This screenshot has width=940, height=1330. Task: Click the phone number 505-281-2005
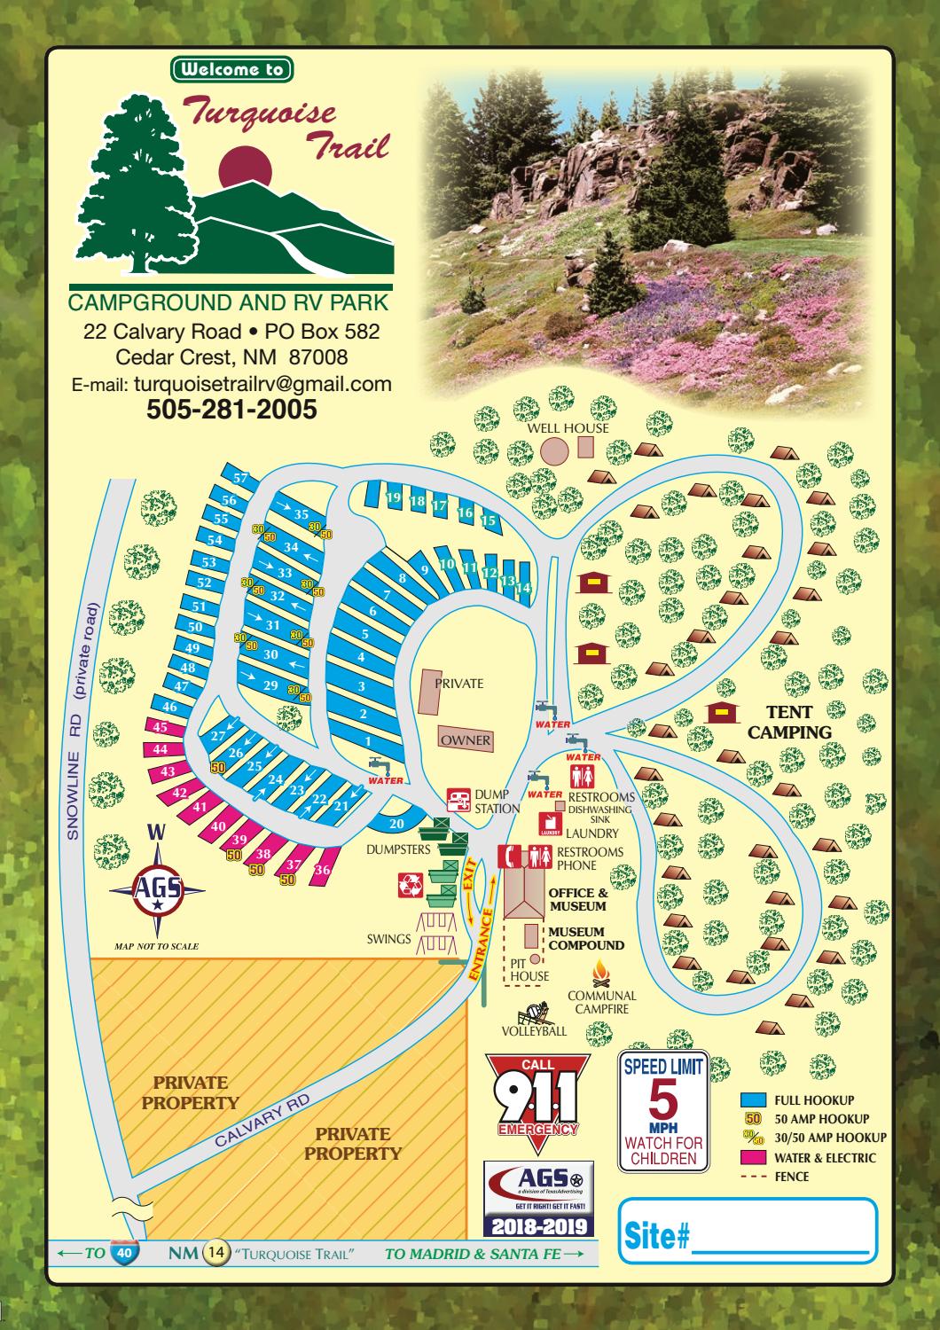click(231, 410)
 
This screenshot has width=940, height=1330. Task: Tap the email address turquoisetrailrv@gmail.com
click(262, 384)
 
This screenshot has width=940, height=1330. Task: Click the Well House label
click(568, 428)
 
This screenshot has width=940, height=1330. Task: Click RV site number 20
click(397, 824)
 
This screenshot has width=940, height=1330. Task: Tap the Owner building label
click(466, 740)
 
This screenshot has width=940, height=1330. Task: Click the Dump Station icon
click(458, 801)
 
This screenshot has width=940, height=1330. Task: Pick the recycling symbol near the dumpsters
click(411, 883)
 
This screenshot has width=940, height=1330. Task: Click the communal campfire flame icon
click(602, 970)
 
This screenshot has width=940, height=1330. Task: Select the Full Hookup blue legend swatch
click(753, 1100)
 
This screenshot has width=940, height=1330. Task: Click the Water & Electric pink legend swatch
click(753, 1158)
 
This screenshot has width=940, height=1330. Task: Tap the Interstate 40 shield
click(123, 1252)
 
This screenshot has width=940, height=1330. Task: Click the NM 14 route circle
click(216, 1253)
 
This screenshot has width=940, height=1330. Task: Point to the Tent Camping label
click(789, 723)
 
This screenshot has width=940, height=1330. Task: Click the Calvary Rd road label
click(262, 1119)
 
